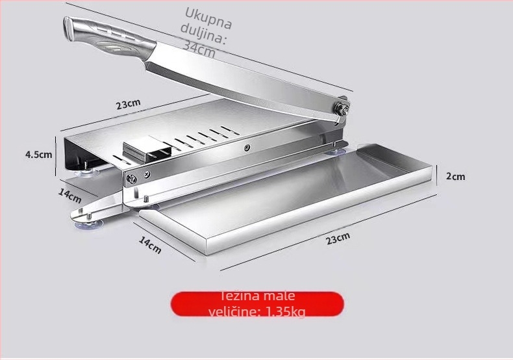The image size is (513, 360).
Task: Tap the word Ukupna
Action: [x=208, y=18]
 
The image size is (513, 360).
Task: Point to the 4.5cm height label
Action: [x=38, y=155]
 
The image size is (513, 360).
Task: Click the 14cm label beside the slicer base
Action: [x=69, y=196]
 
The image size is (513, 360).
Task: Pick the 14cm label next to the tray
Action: [x=150, y=245]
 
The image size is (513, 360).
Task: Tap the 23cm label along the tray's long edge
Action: [x=338, y=238]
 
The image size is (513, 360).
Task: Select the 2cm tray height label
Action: [x=455, y=176]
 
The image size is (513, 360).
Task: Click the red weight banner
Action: [x=257, y=304]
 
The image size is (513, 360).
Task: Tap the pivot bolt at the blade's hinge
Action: [x=342, y=109]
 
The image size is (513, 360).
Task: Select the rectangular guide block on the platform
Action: [x=147, y=149]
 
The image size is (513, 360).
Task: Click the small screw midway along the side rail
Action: [x=247, y=148]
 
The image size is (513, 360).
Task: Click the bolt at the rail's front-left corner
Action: [x=132, y=179]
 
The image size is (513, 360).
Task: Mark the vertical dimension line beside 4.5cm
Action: [x=56, y=156]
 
